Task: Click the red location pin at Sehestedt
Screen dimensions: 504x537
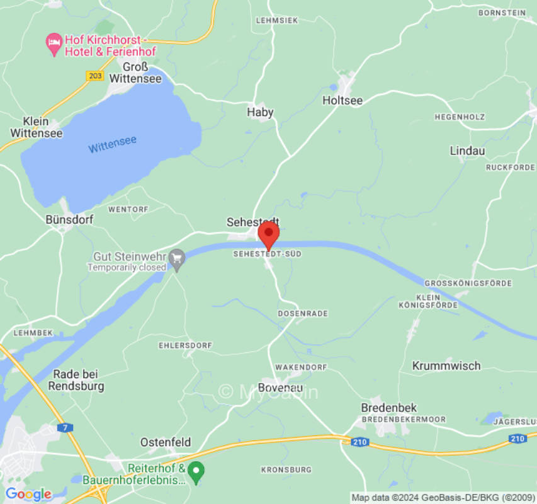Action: pos(269,234)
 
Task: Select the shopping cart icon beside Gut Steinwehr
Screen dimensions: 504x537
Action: pos(178,258)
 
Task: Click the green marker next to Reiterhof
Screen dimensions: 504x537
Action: pos(196,471)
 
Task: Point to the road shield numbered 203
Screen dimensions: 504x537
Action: pos(94,75)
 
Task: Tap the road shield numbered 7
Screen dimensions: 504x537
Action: pos(67,427)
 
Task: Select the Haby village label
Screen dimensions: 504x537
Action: pos(260,112)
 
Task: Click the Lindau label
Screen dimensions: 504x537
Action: pos(467,151)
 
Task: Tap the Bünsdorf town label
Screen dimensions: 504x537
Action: pos(69,220)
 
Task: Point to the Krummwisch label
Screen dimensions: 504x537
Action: pos(446,365)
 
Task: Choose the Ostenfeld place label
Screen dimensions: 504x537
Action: pos(165,442)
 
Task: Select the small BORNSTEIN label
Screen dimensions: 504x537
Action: pos(502,12)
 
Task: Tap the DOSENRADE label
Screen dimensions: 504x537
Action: pos(303,313)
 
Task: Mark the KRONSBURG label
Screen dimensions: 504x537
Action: pos(286,469)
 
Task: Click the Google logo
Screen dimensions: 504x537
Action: pos(28,494)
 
